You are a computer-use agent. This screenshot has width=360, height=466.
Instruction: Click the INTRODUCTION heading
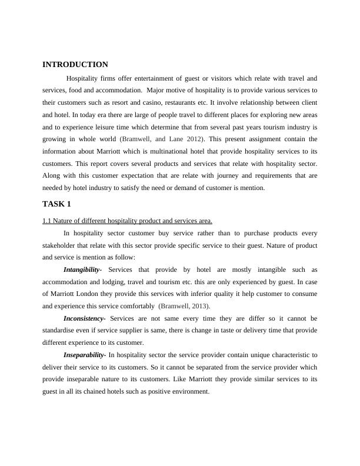(75, 65)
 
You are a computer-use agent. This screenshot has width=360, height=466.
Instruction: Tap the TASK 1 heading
(56, 204)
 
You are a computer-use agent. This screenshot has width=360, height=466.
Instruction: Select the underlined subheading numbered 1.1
(127, 221)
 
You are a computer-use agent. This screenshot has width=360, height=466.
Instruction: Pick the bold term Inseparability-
(85, 355)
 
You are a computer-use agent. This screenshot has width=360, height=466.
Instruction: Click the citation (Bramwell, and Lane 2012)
(162, 139)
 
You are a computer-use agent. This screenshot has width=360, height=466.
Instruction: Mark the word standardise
(63, 331)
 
